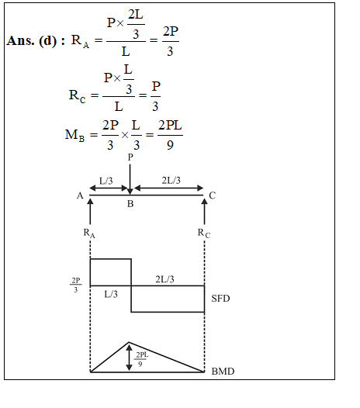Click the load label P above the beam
pos(130,157)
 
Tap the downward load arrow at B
pos(130,179)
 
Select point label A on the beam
pos(80,195)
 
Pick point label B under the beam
pos(130,204)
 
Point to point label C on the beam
pos(212,195)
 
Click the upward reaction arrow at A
pos(90,211)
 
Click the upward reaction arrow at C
pos(204,211)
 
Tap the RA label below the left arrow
pos(89,233)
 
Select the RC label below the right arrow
pos(204,233)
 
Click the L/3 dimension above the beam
pos(106,181)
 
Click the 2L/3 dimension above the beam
pos(171,180)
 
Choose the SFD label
pos(220,299)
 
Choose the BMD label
pos(223,372)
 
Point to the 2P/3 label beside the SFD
pos(76,285)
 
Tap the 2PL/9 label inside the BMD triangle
pos(141,359)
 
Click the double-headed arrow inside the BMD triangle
pos(129,357)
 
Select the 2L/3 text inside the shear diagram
pos(164,279)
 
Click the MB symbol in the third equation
pos(74,135)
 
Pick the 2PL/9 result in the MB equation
pos(170,135)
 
